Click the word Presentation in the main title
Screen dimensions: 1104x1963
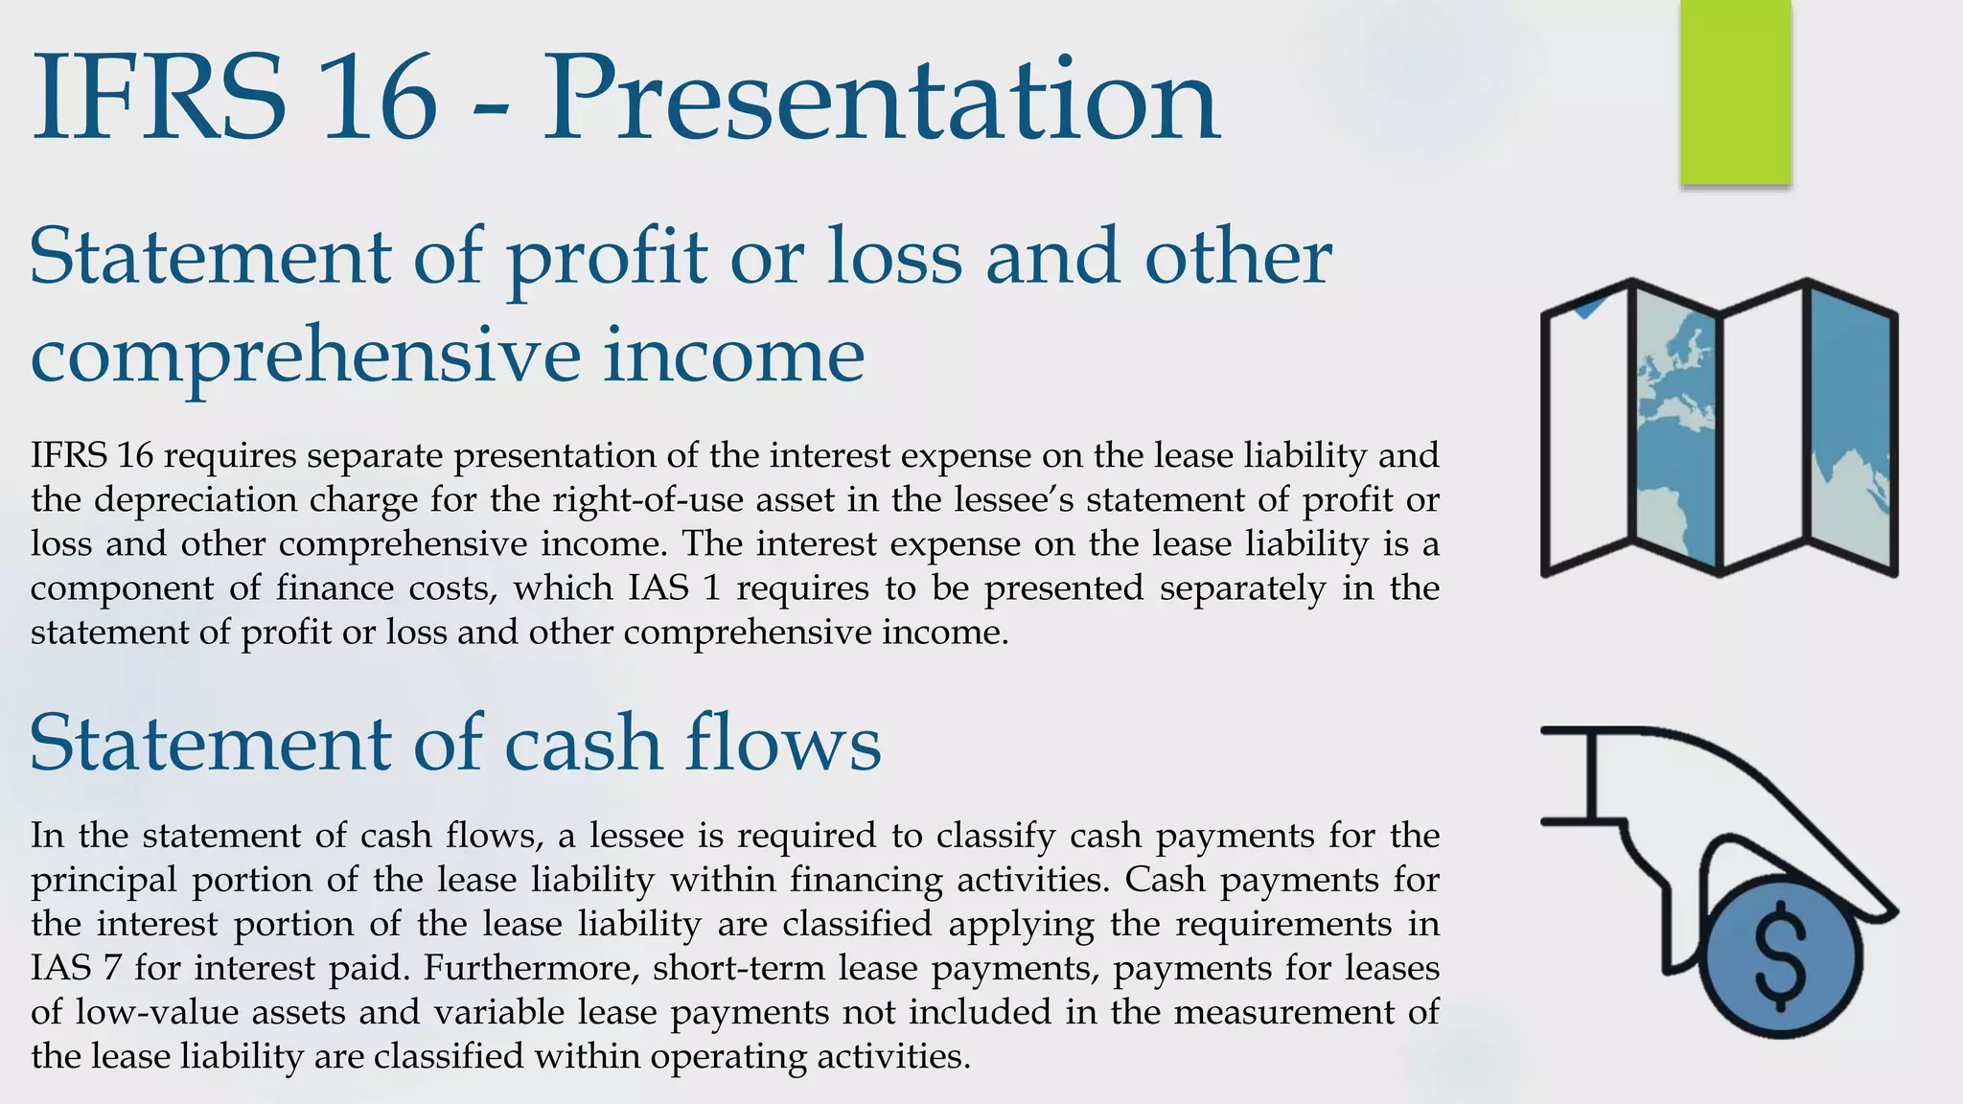(x=882, y=101)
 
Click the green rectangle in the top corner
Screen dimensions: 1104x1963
(x=1735, y=91)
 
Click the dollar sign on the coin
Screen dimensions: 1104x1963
(x=1780, y=956)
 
